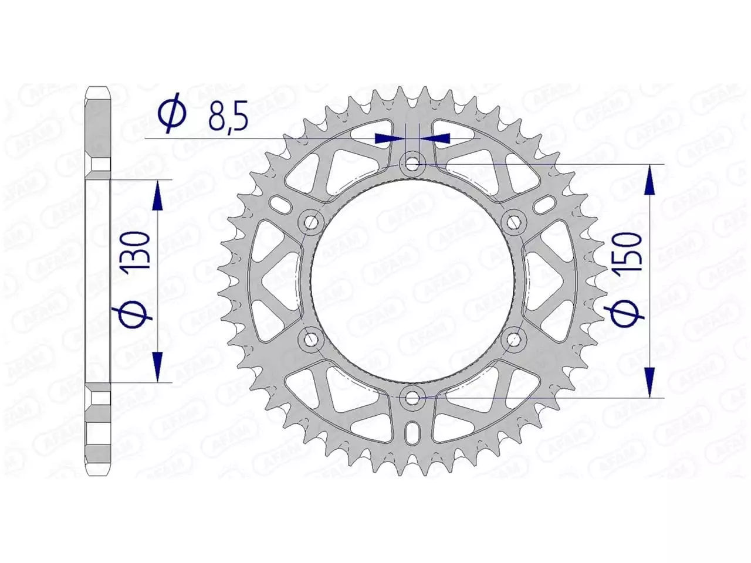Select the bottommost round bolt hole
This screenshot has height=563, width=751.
(x=413, y=397)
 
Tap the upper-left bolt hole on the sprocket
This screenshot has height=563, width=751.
(x=311, y=222)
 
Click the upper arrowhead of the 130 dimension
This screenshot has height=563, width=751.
(x=157, y=196)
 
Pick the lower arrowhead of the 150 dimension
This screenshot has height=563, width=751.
(x=649, y=381)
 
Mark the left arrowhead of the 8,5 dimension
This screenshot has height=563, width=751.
(x=389, y=138)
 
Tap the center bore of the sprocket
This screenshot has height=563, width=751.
(x=413, y=280)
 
